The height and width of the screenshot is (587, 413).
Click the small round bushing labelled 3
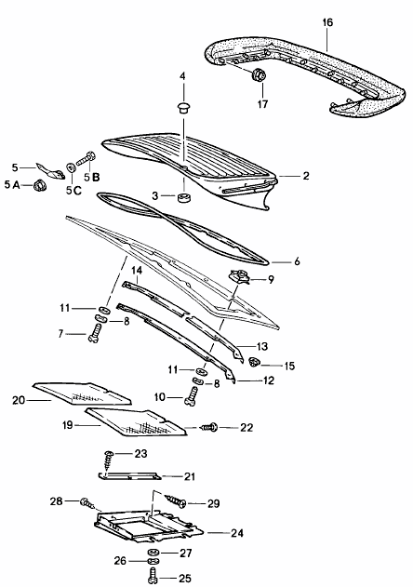point(184,198)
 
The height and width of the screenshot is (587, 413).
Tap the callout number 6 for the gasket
point(298,261)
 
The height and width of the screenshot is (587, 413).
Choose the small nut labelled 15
point(263,365)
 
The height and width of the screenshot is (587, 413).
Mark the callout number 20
point(18,401)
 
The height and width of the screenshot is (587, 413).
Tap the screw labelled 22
point(211,427)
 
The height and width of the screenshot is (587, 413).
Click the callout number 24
point(238,534)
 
